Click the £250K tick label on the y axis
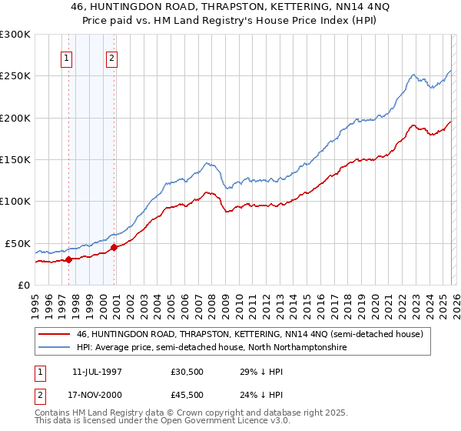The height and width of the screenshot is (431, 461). click(15, 76)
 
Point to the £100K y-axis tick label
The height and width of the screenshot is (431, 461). click(15, 202)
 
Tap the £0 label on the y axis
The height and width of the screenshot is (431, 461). click(23, 285)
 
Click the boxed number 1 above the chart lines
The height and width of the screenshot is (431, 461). click(67, 57)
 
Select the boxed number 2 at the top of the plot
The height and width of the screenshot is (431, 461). click(112, 57)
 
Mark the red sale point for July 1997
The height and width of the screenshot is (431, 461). click(69, 259)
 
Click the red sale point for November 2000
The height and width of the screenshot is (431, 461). click(114, 247)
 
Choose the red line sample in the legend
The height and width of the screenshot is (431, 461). click(55, 334)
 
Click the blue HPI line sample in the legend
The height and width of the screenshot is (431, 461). click(55, 348)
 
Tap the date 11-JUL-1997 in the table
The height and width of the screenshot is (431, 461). click(97, 371)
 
